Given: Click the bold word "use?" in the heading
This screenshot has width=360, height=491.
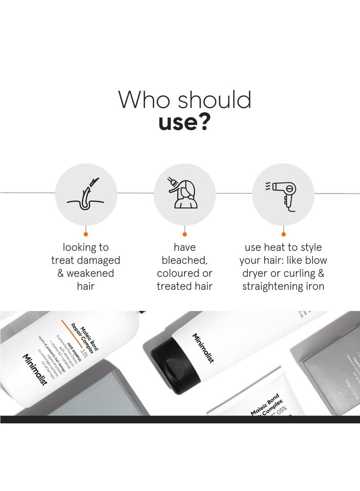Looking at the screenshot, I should click(x=184, y=122).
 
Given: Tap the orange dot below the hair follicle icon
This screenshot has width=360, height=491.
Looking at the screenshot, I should click(x=85, y=234).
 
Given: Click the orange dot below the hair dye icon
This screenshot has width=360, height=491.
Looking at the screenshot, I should click(x=184, y=234).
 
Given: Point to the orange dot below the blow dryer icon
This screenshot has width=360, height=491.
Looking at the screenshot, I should click(x=283, y=234).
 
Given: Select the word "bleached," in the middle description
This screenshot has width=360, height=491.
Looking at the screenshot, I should click(x=184, y=260).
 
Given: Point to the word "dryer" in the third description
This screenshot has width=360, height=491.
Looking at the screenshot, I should click(x=255, y=273).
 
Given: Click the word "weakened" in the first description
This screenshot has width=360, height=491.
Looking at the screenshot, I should click(x=91, y=273).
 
